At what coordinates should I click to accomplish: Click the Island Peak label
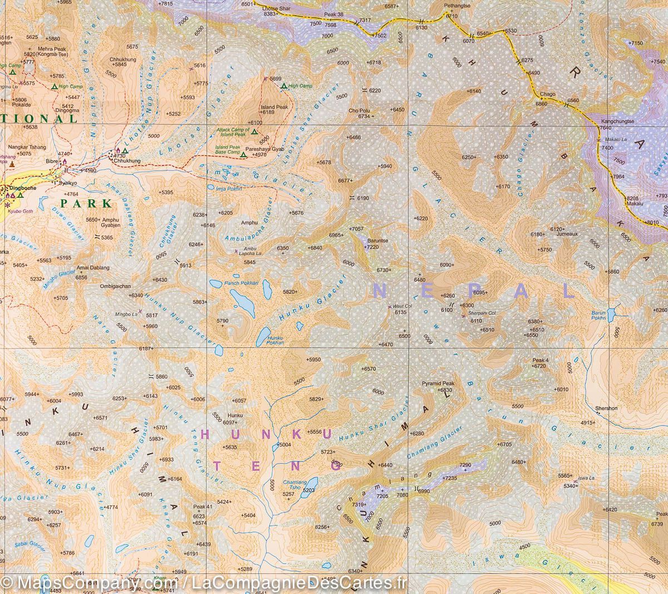tap(274, 107)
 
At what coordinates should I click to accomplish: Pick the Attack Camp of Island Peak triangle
tap(254, 132)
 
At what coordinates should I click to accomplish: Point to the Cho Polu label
tap(359, 110)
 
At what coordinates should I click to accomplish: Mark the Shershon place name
tap(606, 408)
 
